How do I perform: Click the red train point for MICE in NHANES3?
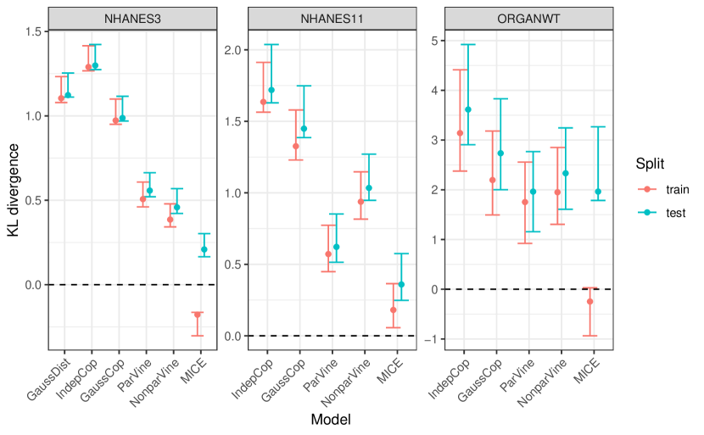point(198,315)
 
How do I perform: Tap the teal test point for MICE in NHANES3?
point(204,249)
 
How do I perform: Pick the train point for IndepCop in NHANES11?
point(263,102)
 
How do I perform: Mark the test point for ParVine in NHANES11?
point(337,247)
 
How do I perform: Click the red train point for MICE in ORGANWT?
point(590,301)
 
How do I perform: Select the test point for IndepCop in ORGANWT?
point(467,109)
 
